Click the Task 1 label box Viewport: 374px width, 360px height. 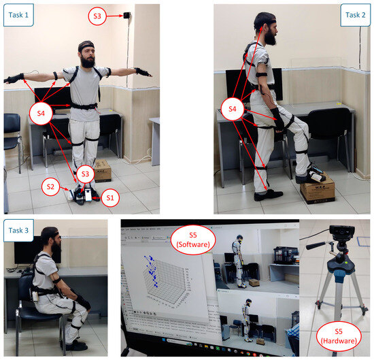coord(18,15)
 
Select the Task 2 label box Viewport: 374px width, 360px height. coord(354,15)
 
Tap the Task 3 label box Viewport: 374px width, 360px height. coord(18,231)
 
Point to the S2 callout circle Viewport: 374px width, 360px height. coord(50,185)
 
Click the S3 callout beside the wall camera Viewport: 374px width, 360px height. coord(97,15)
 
